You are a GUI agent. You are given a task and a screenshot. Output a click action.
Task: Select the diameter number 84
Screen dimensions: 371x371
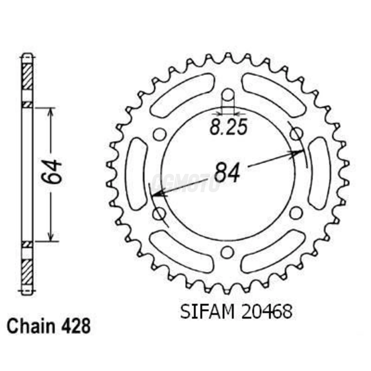227,173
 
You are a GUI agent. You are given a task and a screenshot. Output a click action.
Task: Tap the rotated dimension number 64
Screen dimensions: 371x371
51,171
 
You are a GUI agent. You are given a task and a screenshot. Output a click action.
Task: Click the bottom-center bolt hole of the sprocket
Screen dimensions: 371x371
227,253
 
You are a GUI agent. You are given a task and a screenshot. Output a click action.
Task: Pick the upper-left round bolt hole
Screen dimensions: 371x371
160,134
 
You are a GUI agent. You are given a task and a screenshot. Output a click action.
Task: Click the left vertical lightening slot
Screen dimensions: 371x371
137,174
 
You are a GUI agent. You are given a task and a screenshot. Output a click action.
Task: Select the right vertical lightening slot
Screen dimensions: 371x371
320,174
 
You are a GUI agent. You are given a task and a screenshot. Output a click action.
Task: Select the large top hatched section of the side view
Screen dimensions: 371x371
27,77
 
